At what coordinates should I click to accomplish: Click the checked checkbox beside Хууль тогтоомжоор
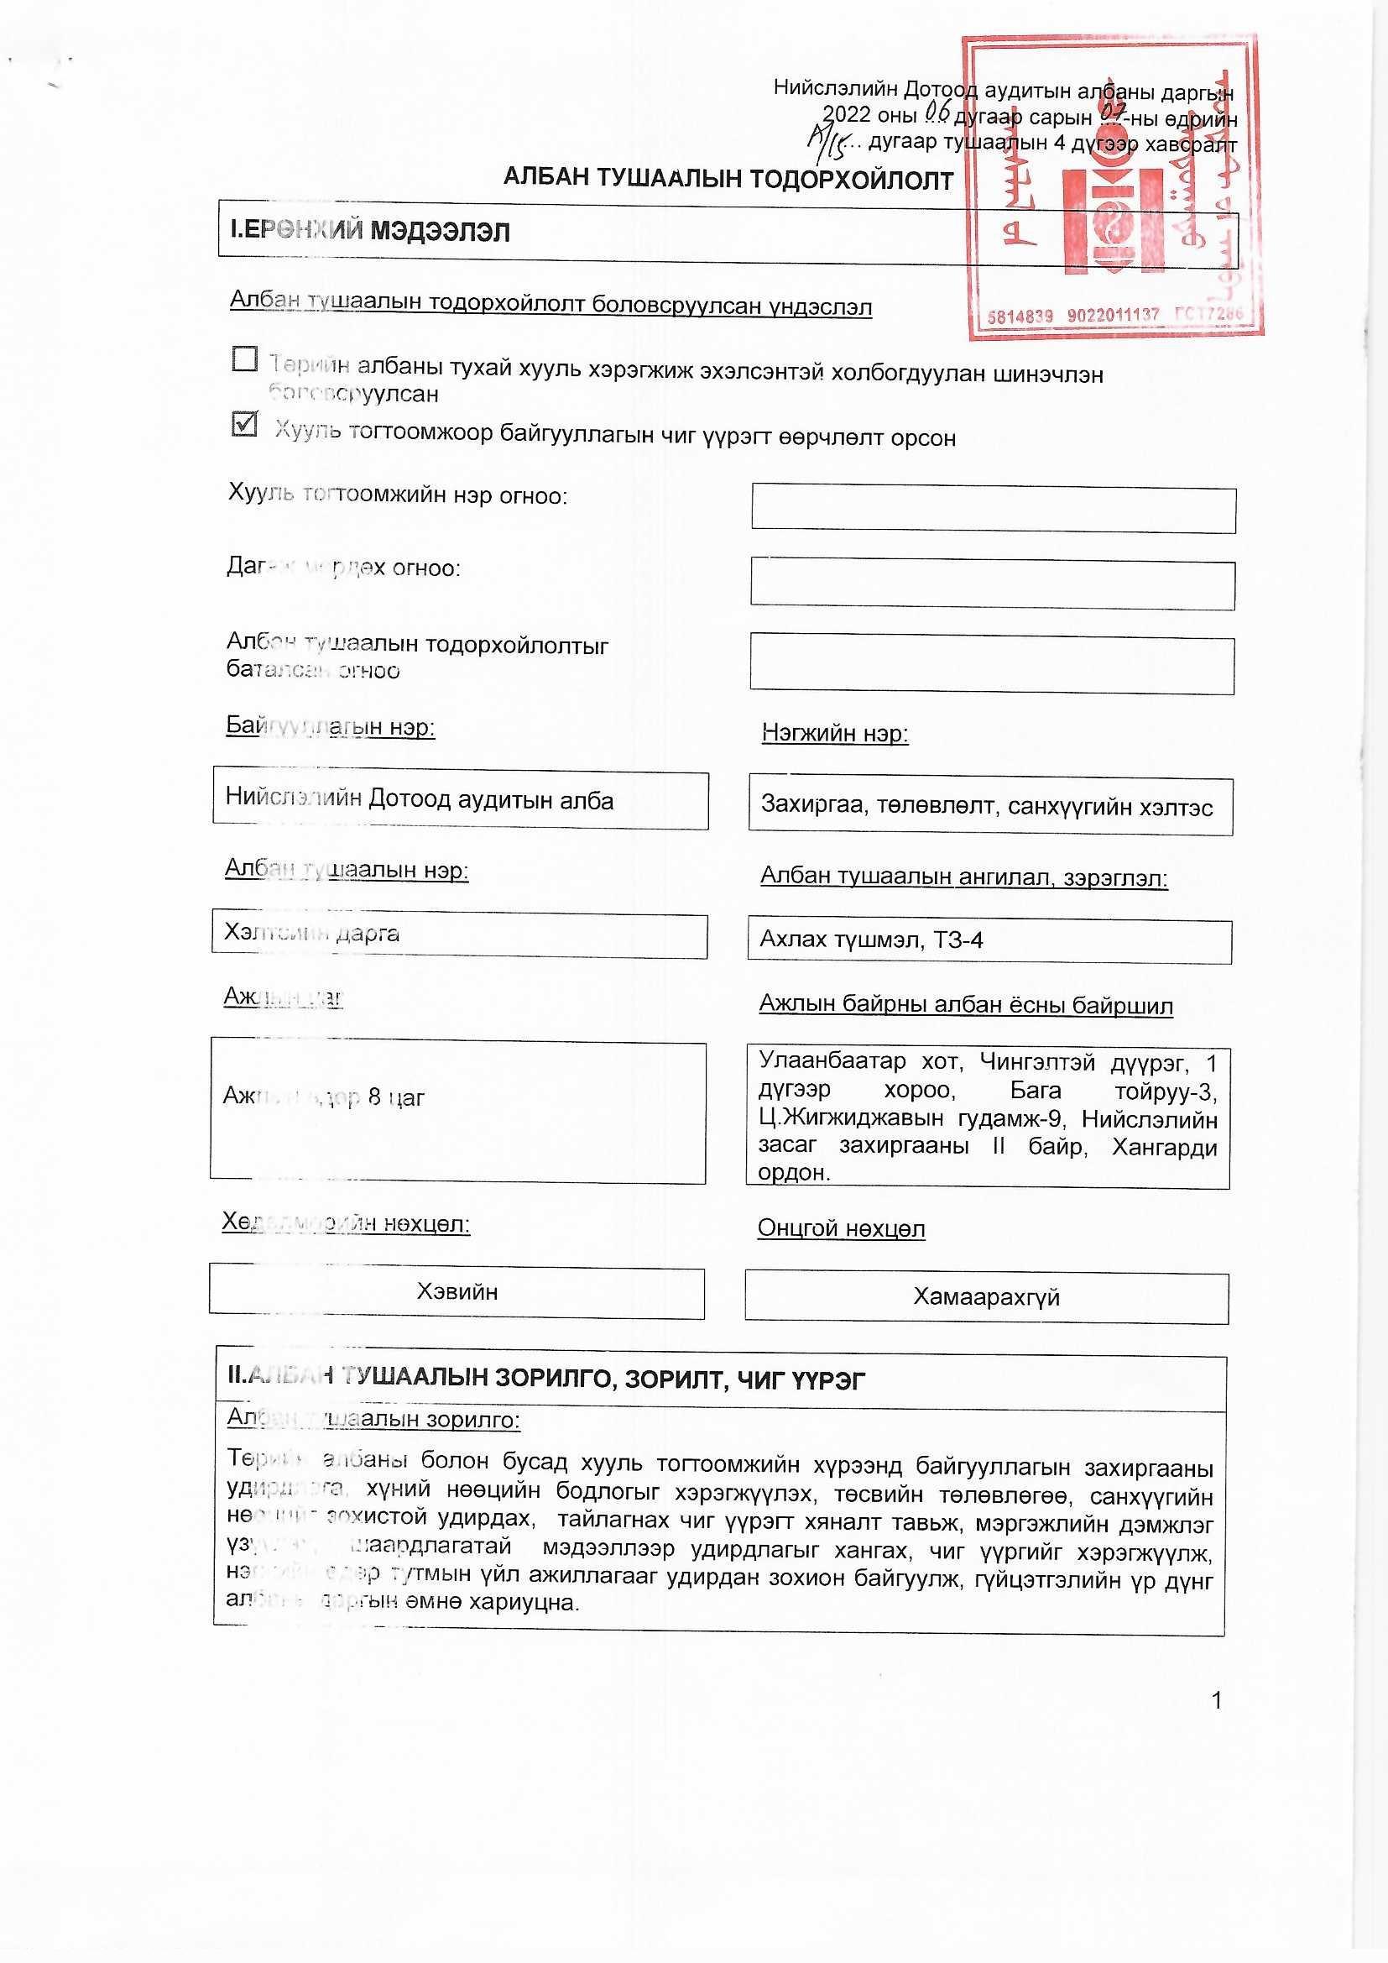click(244, 424)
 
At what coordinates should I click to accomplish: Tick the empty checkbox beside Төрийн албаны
click(244, 359)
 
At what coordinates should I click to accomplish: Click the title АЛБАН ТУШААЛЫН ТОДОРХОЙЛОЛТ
click(728, 179)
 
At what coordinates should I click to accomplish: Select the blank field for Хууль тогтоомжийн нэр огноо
click(993, 510)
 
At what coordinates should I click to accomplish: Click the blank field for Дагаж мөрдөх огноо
click(992, 584)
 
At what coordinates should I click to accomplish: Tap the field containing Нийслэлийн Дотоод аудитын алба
click(460, 800)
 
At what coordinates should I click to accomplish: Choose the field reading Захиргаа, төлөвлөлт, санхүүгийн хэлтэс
click(989, 806)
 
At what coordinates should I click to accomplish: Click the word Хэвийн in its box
click(457, 1292)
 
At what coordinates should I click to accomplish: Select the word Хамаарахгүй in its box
click(986, 1297)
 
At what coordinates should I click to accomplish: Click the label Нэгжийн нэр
click(834, 733)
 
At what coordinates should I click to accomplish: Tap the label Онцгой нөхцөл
click(841, 1228)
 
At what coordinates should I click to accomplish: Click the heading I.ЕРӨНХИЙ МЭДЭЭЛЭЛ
click(370, 231)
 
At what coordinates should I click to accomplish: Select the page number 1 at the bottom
click(1217, 1700)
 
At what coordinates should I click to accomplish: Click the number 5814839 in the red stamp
click(1020, 316)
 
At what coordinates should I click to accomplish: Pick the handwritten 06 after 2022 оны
click(937, 110)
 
